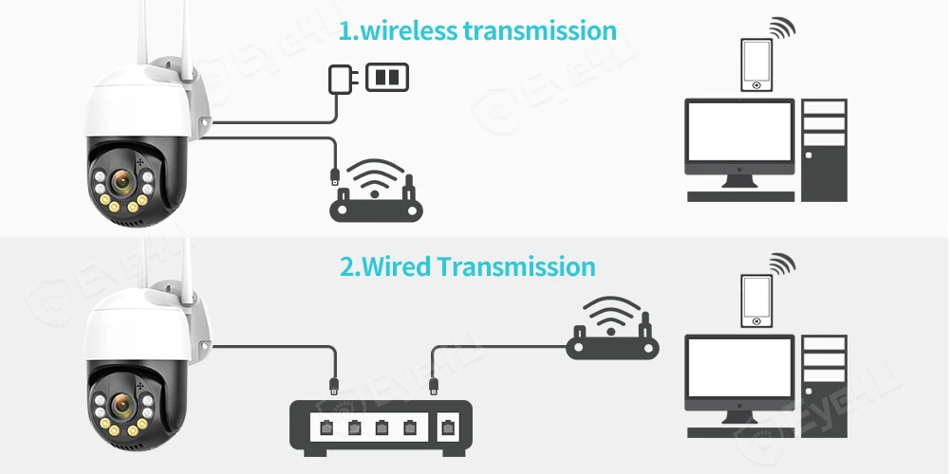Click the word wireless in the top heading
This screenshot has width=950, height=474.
pos(407,30)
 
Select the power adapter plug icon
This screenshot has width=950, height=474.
pos(339,77)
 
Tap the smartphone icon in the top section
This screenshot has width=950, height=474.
pos(756,64)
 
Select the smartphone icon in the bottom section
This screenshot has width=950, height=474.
pos(756,301)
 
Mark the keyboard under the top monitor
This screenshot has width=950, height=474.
pos(739,196)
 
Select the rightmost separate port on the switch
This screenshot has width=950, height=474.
pos(445,426)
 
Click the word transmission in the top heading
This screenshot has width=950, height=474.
pos(539,30)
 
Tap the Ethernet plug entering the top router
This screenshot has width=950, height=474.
pos(334,176)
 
